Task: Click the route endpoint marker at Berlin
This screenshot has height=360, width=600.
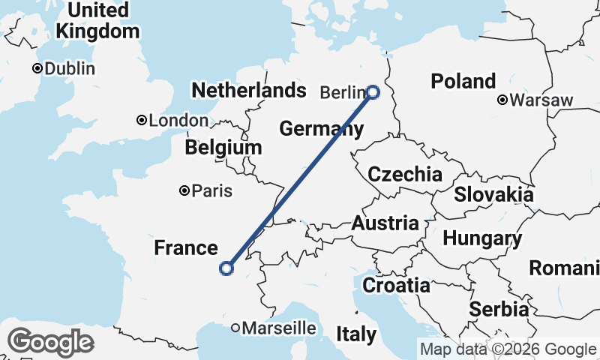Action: coord(373,92)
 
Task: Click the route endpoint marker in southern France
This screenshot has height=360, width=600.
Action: coord(226,268)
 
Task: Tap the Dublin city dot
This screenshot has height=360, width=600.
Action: coord(36,68)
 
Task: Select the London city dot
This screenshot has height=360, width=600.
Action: coord(141,120)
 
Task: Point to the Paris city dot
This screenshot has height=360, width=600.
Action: coord(184,190)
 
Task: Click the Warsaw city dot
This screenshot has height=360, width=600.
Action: coord(502,100)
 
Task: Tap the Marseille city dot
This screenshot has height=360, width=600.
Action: coord(235,328)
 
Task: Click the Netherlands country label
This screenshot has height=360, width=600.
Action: coord(249,91)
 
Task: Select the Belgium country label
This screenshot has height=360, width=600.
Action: coord(223,148)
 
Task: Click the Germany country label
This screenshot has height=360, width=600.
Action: coord(321,129)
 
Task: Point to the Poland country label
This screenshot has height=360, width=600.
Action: coord(463,81)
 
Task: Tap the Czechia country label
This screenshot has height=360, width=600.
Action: coord(405,175)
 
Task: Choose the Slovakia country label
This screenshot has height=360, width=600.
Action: coord(493,194)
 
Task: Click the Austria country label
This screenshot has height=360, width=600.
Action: coord(385,223)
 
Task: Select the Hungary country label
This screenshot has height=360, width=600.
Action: coord(482,239)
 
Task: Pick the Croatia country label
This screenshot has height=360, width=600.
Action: coord(396,285)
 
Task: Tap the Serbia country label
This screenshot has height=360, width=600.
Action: coord(499,309)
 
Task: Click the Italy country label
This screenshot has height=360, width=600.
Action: coord(356,334)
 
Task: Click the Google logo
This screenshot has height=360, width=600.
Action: coord(50,343)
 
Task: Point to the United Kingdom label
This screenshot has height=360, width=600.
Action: coord(98,21)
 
